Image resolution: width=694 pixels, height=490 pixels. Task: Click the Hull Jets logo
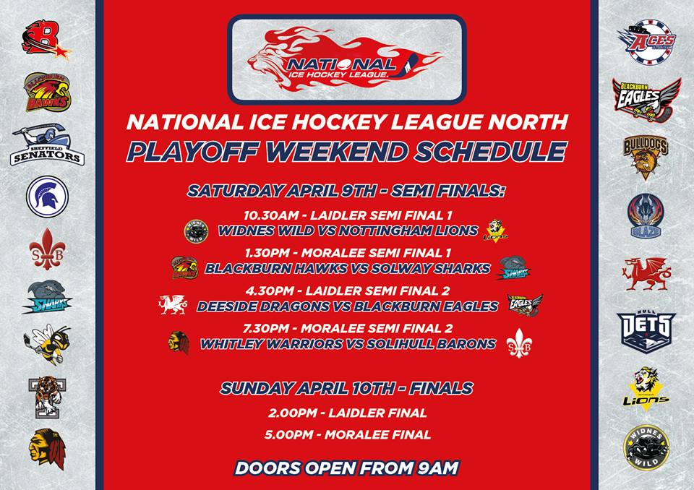(x=647, y=330)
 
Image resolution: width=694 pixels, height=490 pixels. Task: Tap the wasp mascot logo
(x=48, y=343)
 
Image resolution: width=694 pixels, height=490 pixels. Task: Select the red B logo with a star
(x=46, y=40)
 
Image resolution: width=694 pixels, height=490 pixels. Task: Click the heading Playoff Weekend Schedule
(x=347, y=152)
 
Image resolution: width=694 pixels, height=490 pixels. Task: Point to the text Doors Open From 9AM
(x=347, y=468)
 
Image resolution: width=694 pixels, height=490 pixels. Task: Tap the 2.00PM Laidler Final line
(x=346, y=413)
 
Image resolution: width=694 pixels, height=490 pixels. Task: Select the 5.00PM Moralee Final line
(x=346, y=434)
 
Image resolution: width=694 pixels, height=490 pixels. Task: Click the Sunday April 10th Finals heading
(x=347, y=389)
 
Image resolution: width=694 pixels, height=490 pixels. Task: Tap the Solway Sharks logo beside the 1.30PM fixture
(x=515, y=267)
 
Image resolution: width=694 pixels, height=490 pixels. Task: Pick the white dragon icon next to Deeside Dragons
(x=174, y=304)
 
